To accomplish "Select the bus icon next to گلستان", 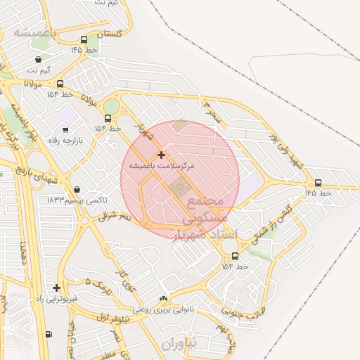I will click(x=84, y=40).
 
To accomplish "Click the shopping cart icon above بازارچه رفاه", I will click(x=65, y=130).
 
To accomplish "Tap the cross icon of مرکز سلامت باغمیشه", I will click(x=161, y=155).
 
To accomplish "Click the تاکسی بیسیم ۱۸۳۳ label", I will click(x=77, y=200).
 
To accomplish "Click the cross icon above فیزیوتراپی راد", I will click(x=56, y=288).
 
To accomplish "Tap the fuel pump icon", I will click(x=48, y=334).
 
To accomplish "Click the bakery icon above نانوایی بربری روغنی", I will click(x=164, y=299).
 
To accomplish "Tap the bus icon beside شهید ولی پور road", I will click(x=318, y=183).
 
